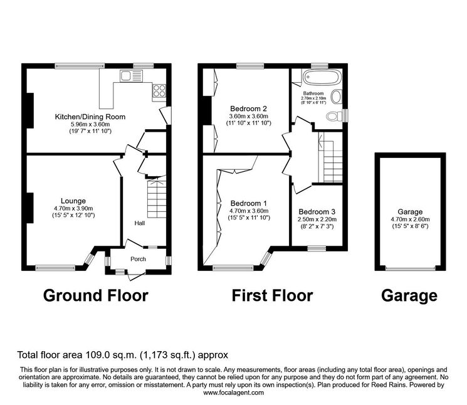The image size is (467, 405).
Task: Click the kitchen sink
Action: pos(132,76)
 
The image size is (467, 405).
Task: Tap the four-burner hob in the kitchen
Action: pos(159,90)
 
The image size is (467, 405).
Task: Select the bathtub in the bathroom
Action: pos(321,78)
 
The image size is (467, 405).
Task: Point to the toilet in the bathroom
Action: pos(334,116)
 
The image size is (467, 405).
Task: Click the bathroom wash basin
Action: pos(337,97)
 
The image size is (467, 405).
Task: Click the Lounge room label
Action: pos(73,201)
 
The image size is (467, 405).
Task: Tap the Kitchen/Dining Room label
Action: pos(90,117)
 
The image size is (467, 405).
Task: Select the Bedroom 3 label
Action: pos(317,212)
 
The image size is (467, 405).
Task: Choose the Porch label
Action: pos(138,259)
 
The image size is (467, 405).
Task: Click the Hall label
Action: pos(139,223)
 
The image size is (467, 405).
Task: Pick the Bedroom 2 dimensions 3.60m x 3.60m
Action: pos(249,116)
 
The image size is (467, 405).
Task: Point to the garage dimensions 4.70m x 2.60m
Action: pos(410,219)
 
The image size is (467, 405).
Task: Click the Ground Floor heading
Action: pos(96,296)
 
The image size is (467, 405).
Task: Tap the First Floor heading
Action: pos(272,296)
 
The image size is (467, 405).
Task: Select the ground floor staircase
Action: pos(157,197)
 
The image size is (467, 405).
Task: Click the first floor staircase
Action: pos(330,157)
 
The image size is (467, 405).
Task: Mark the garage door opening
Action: pos(410,268)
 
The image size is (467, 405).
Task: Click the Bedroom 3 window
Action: pos(317,248)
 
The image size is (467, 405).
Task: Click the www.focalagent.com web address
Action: pos(233,392)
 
